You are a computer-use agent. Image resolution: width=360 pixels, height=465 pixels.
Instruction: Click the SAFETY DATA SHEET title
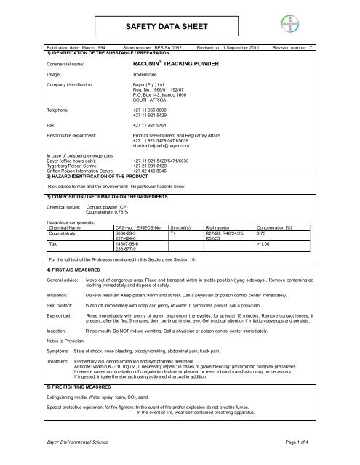(x=180, y=20)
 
